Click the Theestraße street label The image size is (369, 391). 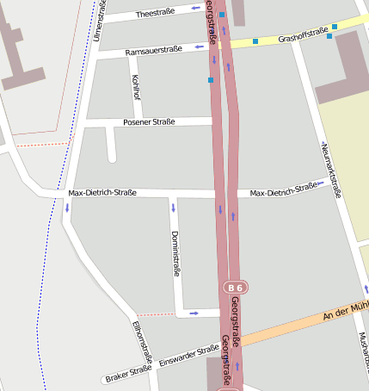click(155, 14)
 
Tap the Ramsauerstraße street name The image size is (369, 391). click(153, 52)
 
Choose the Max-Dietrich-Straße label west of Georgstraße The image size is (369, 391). click(101, 193)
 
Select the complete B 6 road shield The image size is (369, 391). click(235, 287)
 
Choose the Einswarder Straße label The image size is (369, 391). click(188, 356)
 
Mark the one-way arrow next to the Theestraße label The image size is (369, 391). click(196, 9)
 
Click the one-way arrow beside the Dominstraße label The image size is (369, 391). click(173, 207)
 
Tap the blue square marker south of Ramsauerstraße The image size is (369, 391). click(210, 80)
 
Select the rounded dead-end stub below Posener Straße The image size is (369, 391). click(111, 155)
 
